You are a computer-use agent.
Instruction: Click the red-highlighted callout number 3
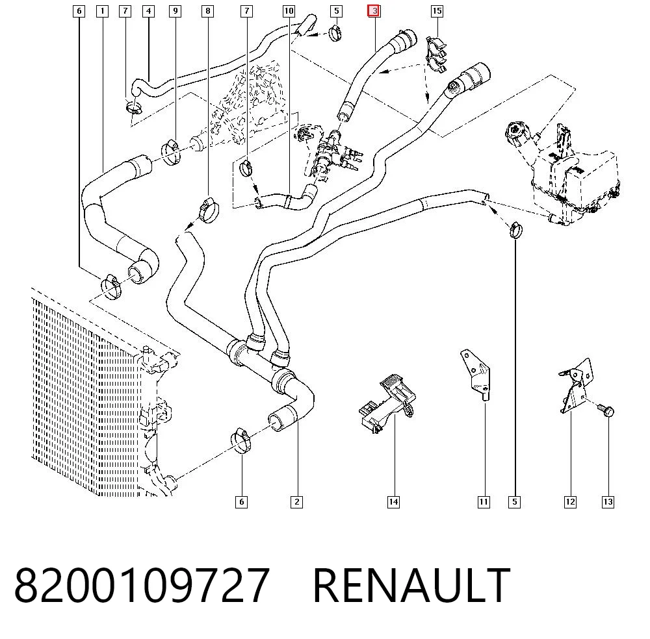click(x=374, y=11)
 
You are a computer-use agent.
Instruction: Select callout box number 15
click(x=437, y=11)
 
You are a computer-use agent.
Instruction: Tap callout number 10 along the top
click(x=289, y=11)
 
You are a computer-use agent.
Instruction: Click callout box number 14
click(x=393, y=502)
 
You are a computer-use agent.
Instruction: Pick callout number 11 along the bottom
click(x=484, y=502)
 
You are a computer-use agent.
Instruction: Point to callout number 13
click(x=608, y=502)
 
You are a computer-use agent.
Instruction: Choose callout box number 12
click(x=571, y=502)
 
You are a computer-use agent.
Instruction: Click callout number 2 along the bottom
click(x=297, y=502)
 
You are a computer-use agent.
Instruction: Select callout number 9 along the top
click(x=175, y=11)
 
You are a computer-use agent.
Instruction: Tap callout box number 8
click(x=208, y=11)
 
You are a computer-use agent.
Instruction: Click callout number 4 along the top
click(x=148, y=11)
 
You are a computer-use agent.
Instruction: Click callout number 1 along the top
click(x=102, y=11)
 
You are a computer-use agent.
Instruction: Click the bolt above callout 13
click(x=606, y=410)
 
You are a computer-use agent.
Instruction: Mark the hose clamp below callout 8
click(x=210, y=210)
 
